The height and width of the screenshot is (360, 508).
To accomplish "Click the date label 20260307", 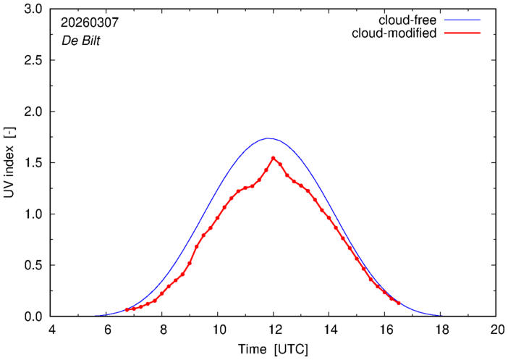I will (89, 23).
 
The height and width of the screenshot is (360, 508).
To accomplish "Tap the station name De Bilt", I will (80, 41).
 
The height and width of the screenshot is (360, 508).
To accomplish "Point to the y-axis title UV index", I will (9, 163).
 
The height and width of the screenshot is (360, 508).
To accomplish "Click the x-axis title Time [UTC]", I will (274, 349).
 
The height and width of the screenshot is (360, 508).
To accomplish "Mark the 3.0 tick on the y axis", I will (34, 10).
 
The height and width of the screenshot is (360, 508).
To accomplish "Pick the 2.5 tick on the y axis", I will (34, 61).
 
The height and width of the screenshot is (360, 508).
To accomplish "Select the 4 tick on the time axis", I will (51, 330).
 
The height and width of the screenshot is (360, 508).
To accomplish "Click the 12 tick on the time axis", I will (274, 330).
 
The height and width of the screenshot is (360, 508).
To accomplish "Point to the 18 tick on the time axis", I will (440, 330).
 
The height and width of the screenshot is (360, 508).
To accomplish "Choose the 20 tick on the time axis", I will (496, 330).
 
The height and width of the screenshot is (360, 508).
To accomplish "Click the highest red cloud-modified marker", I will (273, 158).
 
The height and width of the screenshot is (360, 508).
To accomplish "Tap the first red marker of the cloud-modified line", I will (127, 310).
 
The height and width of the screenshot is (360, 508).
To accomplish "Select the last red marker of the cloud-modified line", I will (399, 303).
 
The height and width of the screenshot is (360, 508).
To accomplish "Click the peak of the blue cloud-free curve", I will (268, 138).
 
